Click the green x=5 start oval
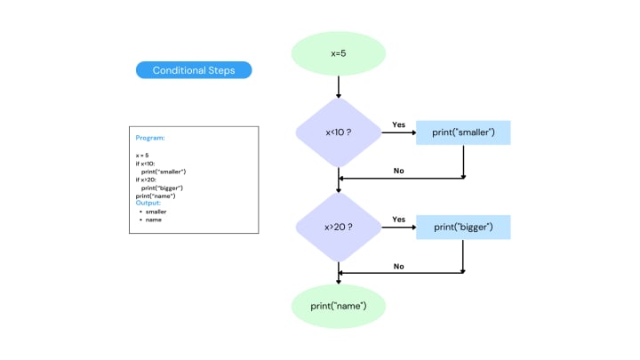(x=338, y=53)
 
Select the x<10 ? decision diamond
(x=338, y=132)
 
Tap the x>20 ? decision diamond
(x=338, y=227)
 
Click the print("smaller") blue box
(x=463, y=132)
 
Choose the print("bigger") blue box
(x=463, y=227)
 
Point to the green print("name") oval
(x=338, y=307)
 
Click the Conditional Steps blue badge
(x=194, y=70)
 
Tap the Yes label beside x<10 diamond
(x=398, y=124)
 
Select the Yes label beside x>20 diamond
(x=398, y=219)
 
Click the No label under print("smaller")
(x=398, y=171)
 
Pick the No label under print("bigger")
(x=398, y=265)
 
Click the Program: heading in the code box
(x=150, y=138)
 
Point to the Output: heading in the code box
(x=148, y=203)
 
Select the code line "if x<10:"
(x=145, y=164)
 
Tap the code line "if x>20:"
(x=146, y=180)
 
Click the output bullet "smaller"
(x=156, y=212)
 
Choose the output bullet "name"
(x=153, y=220)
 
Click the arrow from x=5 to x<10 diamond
(x=339, y=85)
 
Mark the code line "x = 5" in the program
(x=142, y=156)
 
